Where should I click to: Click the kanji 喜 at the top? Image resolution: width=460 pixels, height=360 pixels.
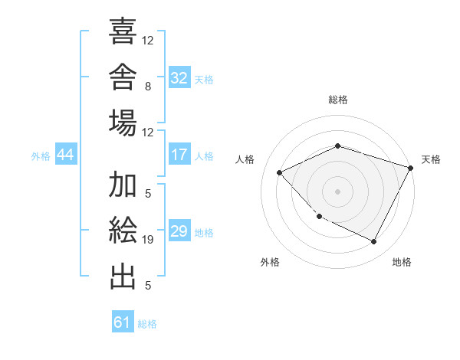123,31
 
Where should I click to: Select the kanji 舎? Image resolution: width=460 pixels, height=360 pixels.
123,77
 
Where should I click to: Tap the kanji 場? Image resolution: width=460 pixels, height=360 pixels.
123,123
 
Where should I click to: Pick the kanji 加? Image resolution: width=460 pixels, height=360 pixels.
123,184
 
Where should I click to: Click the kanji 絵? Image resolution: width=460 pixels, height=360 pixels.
123,230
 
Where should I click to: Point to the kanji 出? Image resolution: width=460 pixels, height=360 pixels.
123,277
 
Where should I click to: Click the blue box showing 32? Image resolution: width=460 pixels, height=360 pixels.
179,77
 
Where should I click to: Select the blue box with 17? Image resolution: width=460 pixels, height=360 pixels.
179,154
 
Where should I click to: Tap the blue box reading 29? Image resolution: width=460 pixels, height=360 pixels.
179,230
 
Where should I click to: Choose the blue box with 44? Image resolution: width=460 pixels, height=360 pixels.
66,154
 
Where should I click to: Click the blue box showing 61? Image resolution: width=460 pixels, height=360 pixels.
123,321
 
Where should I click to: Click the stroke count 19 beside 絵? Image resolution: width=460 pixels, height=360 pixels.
147,240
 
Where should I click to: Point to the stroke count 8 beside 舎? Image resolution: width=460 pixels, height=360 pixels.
148,87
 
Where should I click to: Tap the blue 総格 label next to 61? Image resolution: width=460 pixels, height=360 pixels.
147,324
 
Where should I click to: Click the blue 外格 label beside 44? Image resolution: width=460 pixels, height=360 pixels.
41,156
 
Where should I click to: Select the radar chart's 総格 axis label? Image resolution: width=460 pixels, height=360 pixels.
338,100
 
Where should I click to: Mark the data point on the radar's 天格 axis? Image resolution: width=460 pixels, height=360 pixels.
410,168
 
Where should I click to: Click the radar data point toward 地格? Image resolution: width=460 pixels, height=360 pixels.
373,242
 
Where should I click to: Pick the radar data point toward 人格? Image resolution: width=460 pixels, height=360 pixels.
279,172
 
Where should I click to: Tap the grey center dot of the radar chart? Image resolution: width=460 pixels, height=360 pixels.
337,191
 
